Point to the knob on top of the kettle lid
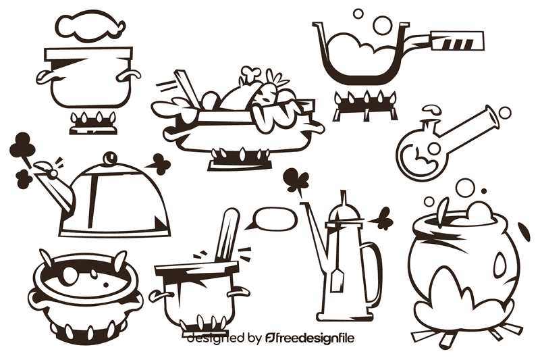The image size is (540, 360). pos(107,157)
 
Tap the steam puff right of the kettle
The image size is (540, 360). pos(160,162)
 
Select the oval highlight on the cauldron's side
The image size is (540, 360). pos(500,265)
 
